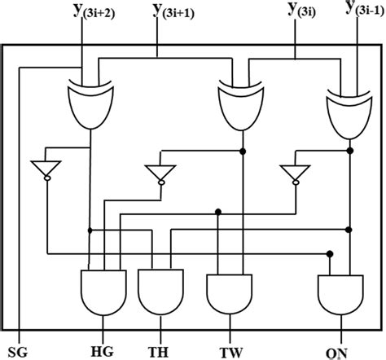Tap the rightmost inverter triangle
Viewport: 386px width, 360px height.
(x=294, y=173)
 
